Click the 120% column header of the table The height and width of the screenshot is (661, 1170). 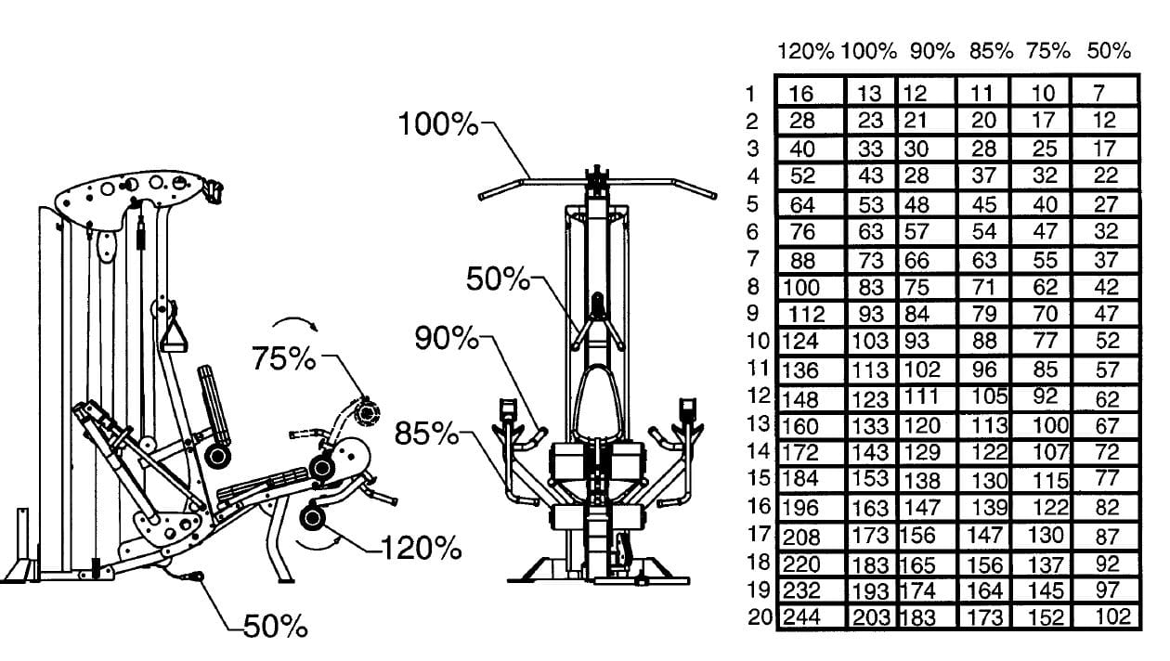coord(806,52)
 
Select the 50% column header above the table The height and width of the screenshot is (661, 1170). coord(1109,51)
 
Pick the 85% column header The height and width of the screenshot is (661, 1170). coord(992,51)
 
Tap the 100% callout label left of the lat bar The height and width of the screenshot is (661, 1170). coord(437,124)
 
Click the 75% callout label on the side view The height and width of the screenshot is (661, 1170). coord(283,358)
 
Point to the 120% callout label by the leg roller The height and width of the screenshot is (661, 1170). coord(421,548)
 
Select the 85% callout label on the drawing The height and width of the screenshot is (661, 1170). coord(426,433)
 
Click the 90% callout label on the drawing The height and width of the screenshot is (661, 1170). coord(447,337)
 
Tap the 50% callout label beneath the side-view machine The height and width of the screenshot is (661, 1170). coord(275,626)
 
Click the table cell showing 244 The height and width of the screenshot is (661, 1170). coord(801,617)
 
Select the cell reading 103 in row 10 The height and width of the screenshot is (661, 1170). coord(870,342)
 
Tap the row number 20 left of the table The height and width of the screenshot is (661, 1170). coord(760,617)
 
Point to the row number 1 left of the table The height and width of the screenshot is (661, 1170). coord(750,94)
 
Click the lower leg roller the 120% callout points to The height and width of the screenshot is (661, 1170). coord(312,518)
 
